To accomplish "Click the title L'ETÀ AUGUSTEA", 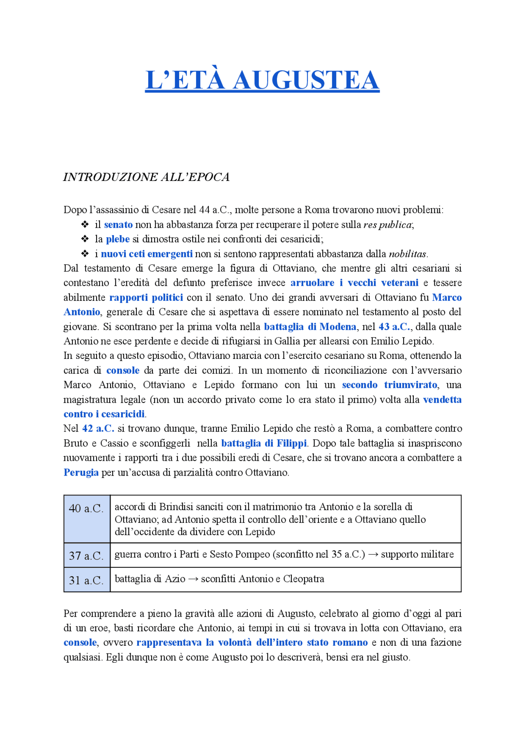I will [x=262, y=80].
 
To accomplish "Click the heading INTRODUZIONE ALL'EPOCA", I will [x=146, y=177].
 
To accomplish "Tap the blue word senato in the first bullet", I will [x=118, y=225].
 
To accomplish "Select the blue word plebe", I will [x=118, y=239].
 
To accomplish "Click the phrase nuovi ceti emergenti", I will [x=147, y=254].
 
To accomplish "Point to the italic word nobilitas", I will [x=408, y=254].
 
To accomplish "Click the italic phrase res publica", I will [x=388, y=225].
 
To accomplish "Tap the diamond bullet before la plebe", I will [x=85, y=239].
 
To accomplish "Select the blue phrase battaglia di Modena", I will [x=310, y=327].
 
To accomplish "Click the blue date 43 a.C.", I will [x=394, y=327].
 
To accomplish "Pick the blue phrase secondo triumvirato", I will [x=390, y=385].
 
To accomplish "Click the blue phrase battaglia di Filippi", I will [x=264, y=444].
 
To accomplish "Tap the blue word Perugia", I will [x=81, y=473].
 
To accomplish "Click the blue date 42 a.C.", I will [x=98, y=429].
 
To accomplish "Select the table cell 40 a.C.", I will [x=86, y=509].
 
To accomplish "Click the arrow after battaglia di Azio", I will [x=193, y=579].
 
